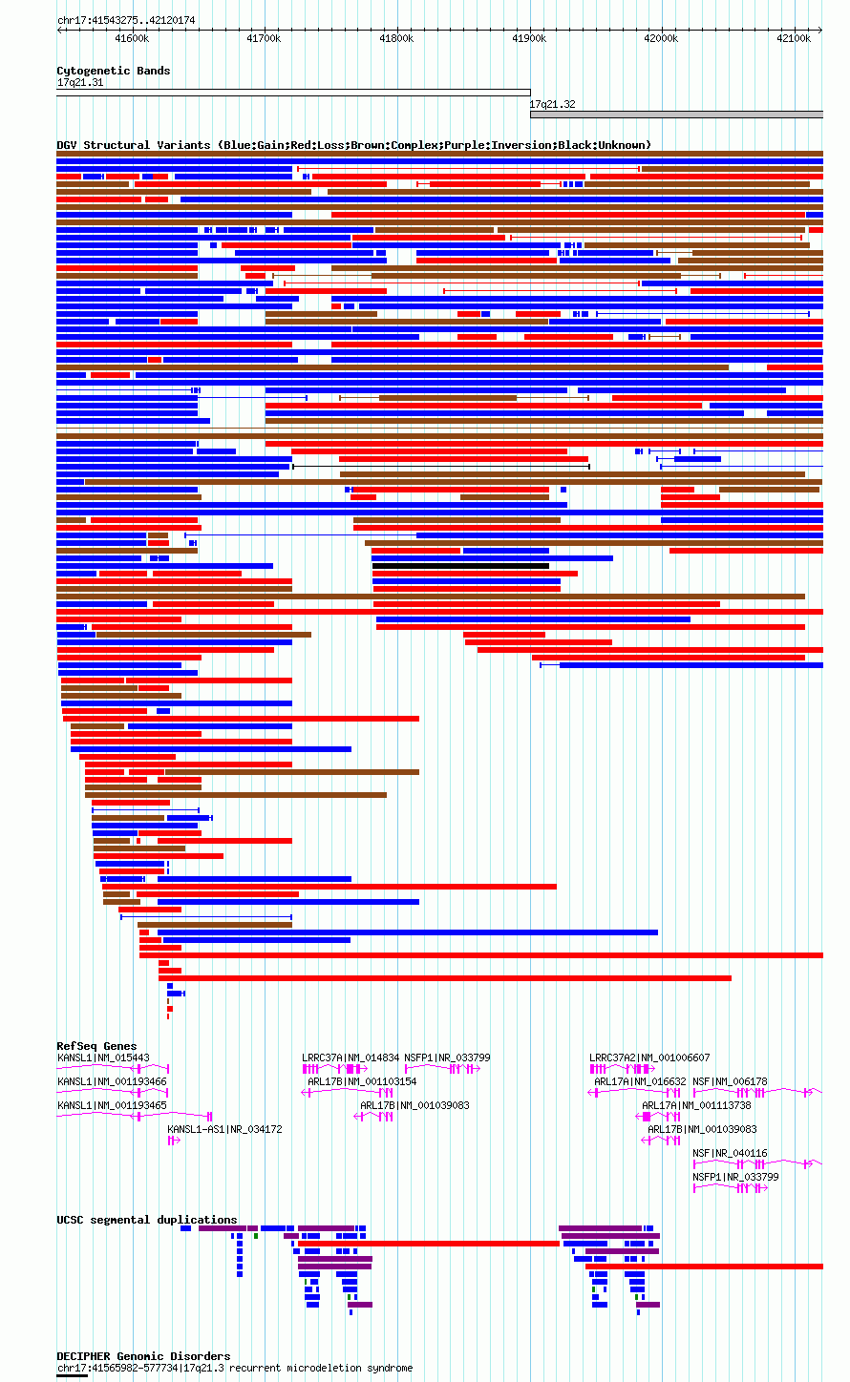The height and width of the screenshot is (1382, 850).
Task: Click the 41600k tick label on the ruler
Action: [x=131, y=38]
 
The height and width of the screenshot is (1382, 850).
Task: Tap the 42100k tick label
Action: [x=794, y=38]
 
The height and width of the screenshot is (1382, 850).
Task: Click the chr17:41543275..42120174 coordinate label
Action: [x=126, y=20]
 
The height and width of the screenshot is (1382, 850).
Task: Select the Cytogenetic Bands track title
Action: [x=113, y=71]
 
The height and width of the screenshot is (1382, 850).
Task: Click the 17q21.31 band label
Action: [x=80, y=83]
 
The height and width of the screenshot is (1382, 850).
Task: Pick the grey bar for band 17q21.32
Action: [x=676, y=115]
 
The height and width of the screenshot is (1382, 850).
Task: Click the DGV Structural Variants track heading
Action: [x=353, y=145]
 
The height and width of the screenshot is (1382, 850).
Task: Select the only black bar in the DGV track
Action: [x=460, y=566]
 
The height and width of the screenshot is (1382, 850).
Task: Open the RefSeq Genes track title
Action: [x=96, y=1046]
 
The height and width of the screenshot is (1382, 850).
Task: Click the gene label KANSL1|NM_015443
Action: [x=103, y=1057]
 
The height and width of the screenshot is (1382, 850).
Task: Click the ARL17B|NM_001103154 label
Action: [x=362, y=1081]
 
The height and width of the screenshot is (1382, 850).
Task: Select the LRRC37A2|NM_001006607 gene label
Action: [x=649, y=1057]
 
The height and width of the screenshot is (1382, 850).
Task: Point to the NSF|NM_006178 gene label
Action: [x=730, y=1081]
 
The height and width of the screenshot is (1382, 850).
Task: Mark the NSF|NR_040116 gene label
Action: [x=730, y=1153]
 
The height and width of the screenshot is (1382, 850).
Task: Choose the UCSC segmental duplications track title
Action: [x=146, y=1220]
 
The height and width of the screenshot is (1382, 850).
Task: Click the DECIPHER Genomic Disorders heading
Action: [x=143, y=1356]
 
